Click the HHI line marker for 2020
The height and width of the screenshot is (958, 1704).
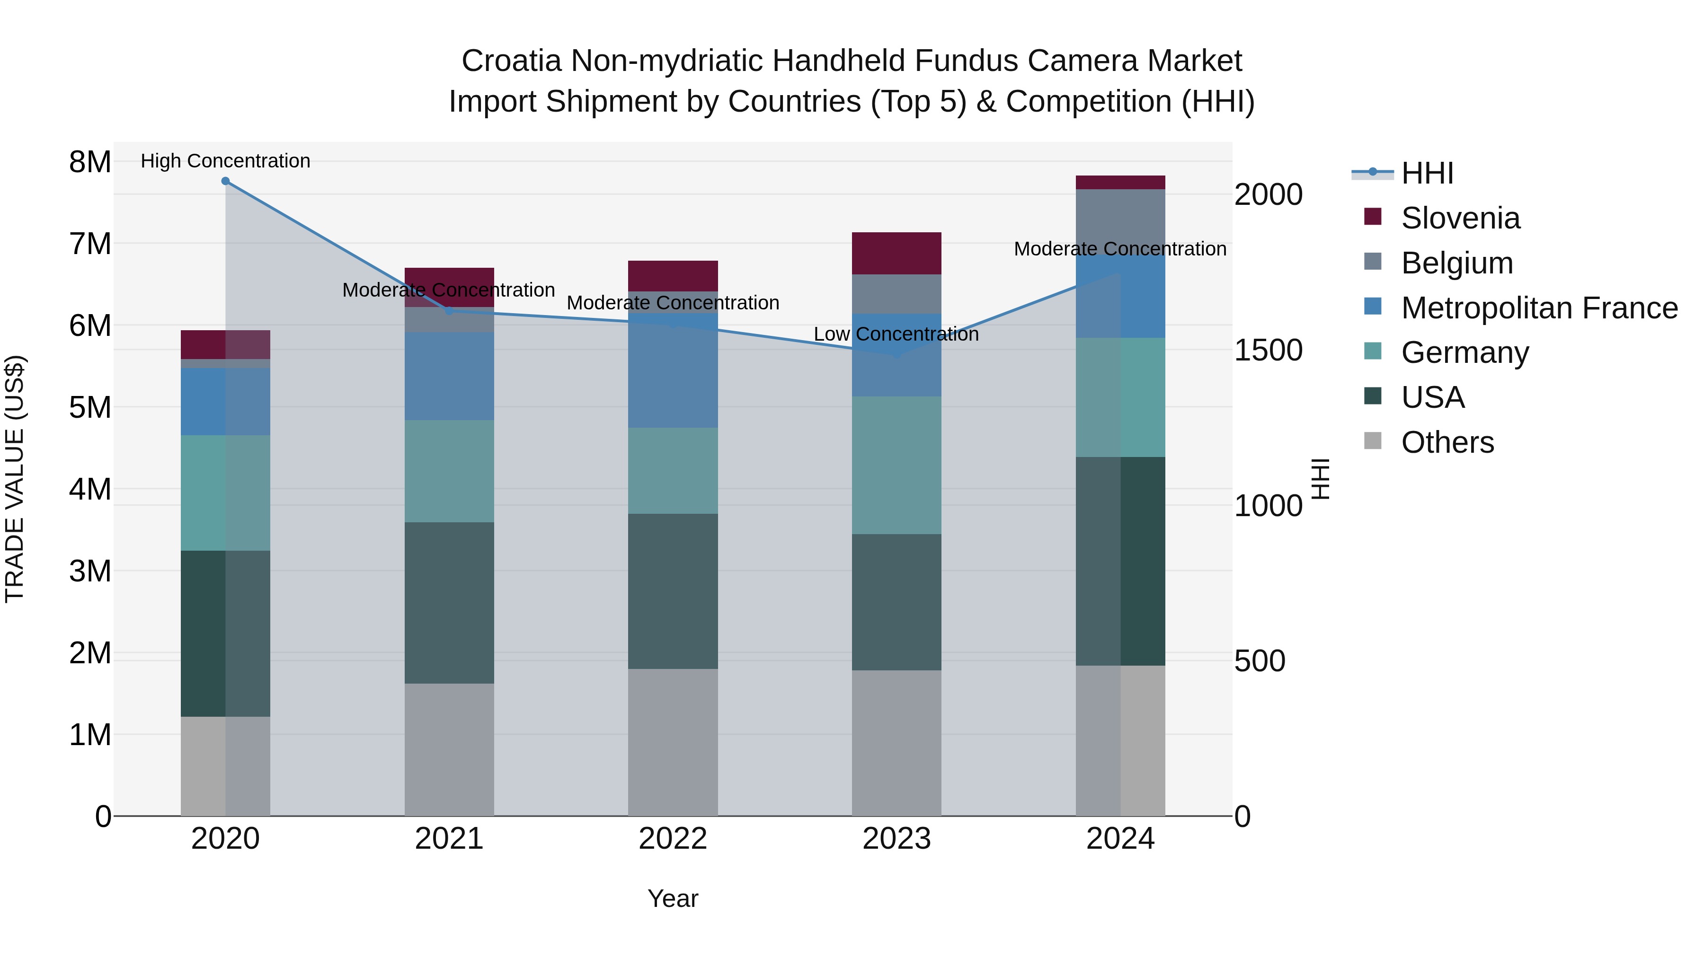[226, 181]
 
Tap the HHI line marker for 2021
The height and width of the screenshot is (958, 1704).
[449, 311]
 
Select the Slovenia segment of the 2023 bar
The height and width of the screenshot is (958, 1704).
[896, 253]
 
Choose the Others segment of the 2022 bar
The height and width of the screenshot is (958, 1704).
[673, 742]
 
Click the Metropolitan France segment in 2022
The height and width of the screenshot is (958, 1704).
[673, 377]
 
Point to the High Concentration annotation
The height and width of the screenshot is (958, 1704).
[226, 161]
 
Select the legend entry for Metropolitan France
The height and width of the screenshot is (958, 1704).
[1539, 308]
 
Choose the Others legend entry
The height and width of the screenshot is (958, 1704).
[1447, 442]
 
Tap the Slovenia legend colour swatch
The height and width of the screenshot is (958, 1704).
[1373, 217]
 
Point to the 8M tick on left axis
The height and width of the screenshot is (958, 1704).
[90, 162]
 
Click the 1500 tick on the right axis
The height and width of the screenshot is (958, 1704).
[1268, 351]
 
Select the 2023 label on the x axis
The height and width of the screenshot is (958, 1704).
[896, 839]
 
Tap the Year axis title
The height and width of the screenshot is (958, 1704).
[673, 898]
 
